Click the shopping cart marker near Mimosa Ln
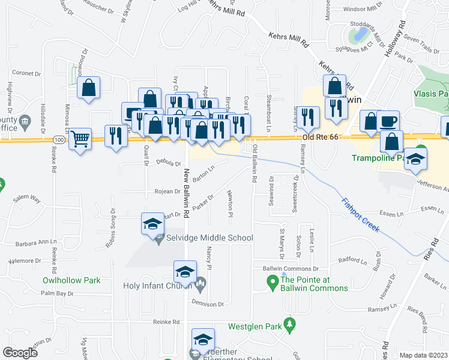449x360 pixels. pos(80,139)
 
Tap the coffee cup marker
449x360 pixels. pos(388,121)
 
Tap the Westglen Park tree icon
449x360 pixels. pos(290,325)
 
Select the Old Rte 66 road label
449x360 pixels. pos(320,137)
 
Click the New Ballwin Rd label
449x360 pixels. pos(187,192)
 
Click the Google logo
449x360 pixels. pos(20,352)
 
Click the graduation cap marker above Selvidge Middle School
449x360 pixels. pos(152,224)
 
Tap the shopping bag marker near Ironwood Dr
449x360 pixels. pos(89,88)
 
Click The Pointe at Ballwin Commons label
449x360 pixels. pos(314,284)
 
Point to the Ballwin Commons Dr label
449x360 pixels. pos(286,268)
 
